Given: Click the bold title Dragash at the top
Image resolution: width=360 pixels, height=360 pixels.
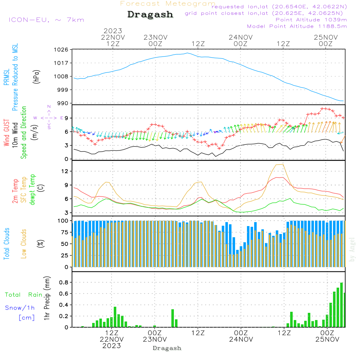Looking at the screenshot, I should [x=150, y=15].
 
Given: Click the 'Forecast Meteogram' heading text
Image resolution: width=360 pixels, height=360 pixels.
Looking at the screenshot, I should [x=168, y=4].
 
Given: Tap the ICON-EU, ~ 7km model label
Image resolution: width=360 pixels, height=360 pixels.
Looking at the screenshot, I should [x=46, y=20].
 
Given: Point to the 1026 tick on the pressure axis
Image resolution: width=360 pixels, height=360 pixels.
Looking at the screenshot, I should [x=61, y=49].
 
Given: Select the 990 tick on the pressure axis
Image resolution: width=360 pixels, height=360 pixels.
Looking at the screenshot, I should [x=63, y=103].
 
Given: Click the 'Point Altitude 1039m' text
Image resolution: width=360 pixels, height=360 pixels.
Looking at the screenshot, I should [x=311, y=19].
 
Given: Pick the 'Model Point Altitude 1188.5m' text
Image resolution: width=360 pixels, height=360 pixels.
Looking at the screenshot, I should [x=297, y=26].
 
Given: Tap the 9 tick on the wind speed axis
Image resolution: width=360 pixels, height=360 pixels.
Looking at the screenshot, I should [x=67, y=118].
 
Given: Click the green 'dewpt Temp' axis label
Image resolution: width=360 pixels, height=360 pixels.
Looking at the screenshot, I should [x=33, y=190].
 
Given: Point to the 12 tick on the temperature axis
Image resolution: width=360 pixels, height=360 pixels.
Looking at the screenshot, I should [x=65, y=171].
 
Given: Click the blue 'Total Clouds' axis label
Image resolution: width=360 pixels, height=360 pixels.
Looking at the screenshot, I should [x=6, y=244].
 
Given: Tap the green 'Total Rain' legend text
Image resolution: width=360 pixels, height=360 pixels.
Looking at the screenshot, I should [x=23, y=295].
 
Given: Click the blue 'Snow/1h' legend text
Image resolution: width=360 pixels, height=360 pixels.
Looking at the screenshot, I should [x=20, y=308].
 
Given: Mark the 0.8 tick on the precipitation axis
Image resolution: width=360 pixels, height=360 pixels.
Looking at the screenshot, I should [x=64, y=282].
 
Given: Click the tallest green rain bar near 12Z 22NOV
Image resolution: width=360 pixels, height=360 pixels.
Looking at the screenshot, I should [x=115, y=317].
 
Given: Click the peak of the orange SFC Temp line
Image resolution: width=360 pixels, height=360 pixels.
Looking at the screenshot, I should [x=283, y=164].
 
